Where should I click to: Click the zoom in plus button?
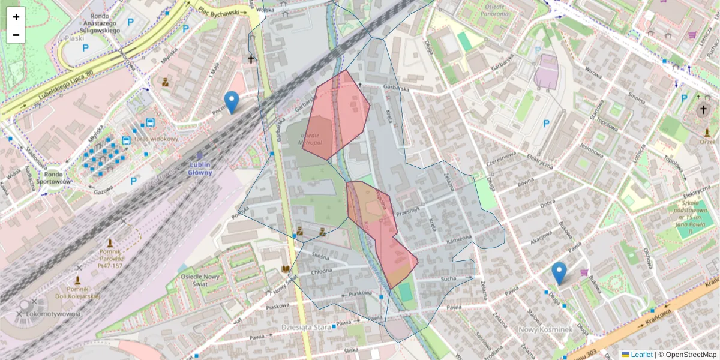click(16, 16)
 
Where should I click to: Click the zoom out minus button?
click(16, 34)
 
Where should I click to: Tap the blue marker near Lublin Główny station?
click(231, 101)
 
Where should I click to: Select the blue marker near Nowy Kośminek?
click(559, 272)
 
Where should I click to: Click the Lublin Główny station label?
click(200, 168)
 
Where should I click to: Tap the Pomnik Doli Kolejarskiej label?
click(77, 293)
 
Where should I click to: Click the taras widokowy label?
click(157, 139)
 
